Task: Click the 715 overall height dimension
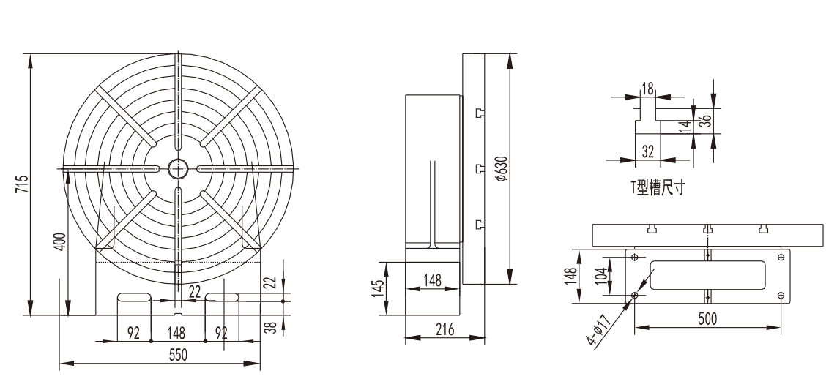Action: [21, 184]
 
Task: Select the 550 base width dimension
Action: [178, 354]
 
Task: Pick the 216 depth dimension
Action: [444, 329]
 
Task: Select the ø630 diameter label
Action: [501, 169]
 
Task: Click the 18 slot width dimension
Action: [647, 89]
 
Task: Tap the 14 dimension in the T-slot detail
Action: [687, 126]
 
